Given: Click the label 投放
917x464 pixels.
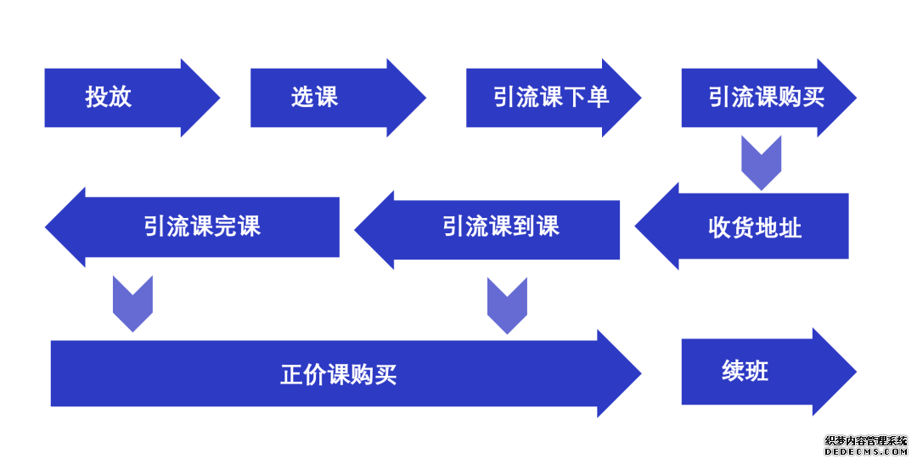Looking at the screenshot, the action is click(109, 97).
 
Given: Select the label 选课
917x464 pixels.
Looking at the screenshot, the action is click(315, 97).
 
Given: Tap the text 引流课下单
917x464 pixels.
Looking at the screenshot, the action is click(551, 97).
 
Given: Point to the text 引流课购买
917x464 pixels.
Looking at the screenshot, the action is click(767, 97).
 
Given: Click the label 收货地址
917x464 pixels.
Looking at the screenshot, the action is click(755, 227).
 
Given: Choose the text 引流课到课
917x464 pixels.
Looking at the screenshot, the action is click(501, 226).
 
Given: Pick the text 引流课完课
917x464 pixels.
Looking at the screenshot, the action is click(202, 226).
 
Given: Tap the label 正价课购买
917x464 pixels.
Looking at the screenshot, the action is click(339, 374).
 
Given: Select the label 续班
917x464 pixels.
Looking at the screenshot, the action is click(745, 371).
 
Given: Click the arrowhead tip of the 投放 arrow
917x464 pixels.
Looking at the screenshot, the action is click(220, 98).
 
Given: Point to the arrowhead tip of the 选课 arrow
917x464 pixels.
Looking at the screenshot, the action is click(425, 98).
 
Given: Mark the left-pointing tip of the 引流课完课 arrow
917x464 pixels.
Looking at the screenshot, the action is click(46, 227).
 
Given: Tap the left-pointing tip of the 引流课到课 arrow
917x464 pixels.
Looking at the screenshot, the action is click(355, 230).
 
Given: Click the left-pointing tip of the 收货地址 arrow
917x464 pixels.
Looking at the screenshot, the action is click(635, 226).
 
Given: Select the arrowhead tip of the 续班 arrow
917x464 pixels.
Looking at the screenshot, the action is click(856, 372).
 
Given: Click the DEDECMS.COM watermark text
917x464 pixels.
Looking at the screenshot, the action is click(865, 452).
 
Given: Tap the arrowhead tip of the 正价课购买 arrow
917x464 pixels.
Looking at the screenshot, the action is click(641, 373).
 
